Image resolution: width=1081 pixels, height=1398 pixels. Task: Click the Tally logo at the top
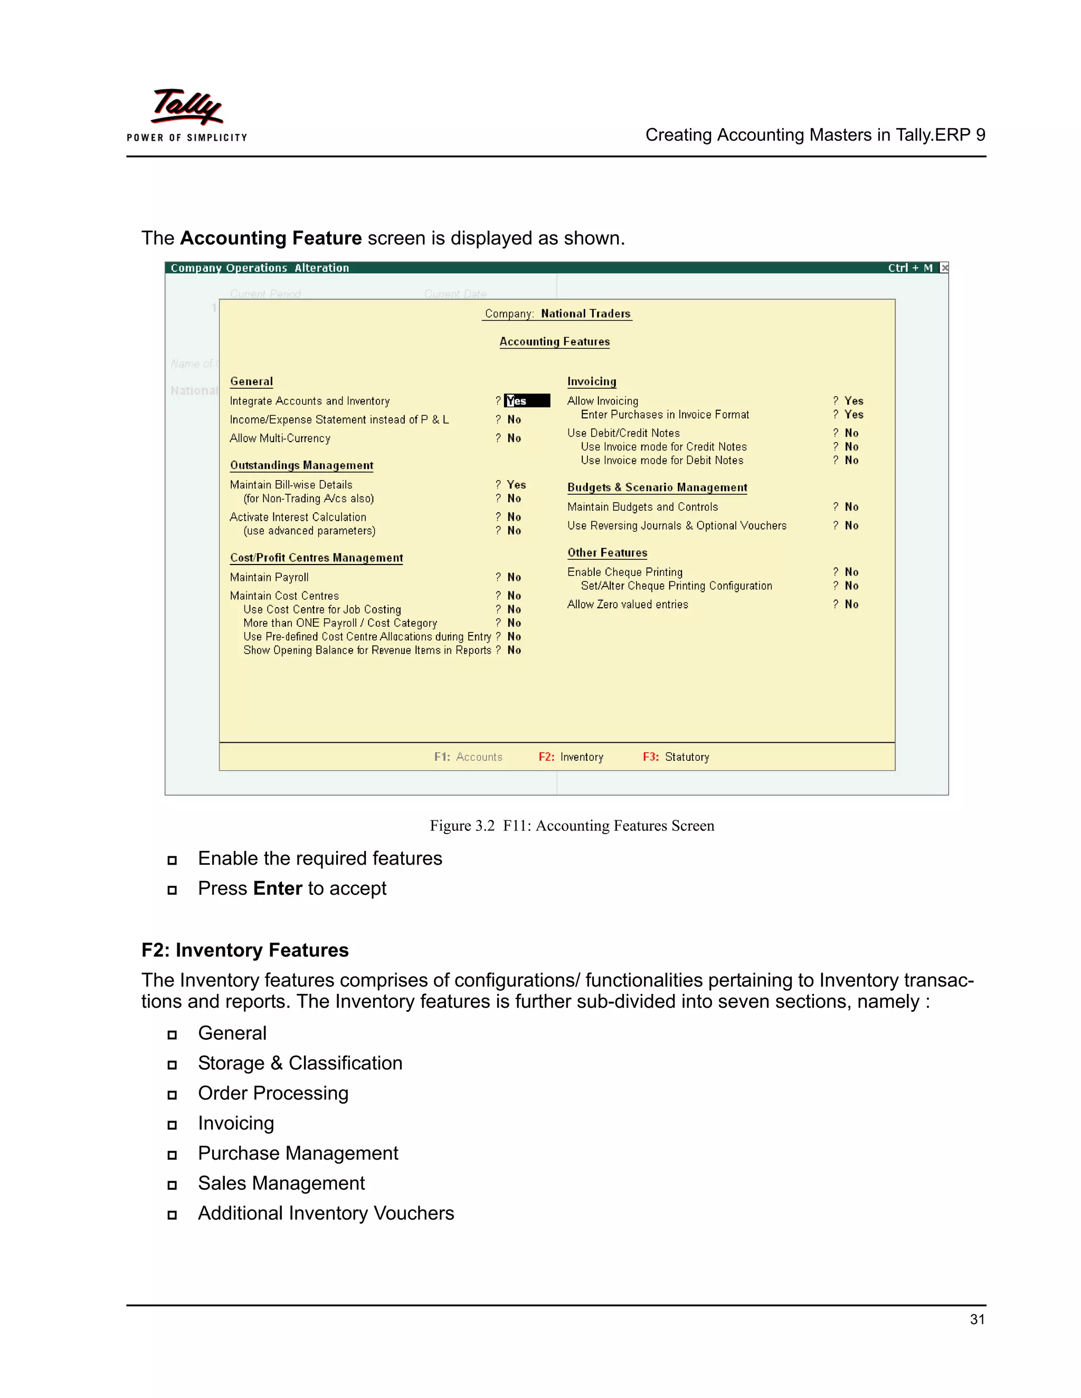(186, 108)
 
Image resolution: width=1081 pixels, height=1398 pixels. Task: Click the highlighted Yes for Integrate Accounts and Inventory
(526, 401)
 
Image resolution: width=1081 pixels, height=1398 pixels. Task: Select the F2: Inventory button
(571, 757)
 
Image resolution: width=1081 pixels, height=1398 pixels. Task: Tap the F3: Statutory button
(676, 757)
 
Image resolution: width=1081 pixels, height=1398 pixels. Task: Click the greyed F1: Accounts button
(468, 757)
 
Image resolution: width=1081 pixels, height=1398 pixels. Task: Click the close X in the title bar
(944, 267)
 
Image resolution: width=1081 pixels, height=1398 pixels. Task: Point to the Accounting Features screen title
(555, 342)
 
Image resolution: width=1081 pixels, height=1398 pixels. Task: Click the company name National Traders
(585, 314)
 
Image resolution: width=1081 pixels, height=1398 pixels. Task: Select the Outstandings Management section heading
(301, 465)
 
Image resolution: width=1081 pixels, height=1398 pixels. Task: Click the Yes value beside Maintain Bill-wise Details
(516, 485)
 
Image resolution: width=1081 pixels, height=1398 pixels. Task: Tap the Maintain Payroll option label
(269, 577)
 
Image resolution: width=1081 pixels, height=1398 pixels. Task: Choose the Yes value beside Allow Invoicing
(854, 401)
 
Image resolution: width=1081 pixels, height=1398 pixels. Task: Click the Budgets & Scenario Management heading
(657, 488)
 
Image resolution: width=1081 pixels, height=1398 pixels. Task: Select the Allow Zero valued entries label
(628, 604)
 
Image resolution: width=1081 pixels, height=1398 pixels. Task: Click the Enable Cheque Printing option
(624, 572)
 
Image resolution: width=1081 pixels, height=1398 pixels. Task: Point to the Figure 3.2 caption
(572, 826)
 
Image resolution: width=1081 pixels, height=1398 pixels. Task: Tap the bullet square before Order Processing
(172, 1095)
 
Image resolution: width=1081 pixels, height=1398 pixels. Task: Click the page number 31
(977, 1319)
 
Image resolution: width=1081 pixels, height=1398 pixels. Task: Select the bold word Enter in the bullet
(277, 888)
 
